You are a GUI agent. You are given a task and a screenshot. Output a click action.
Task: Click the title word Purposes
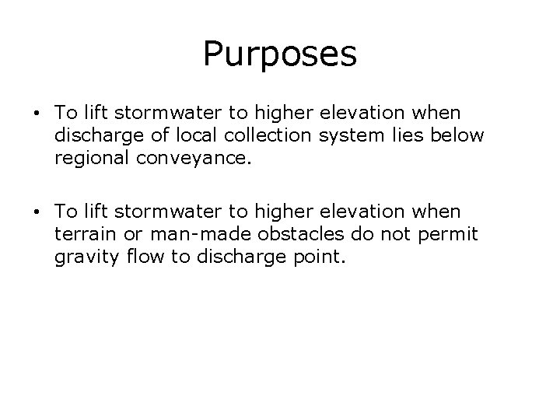pos(279,54)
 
